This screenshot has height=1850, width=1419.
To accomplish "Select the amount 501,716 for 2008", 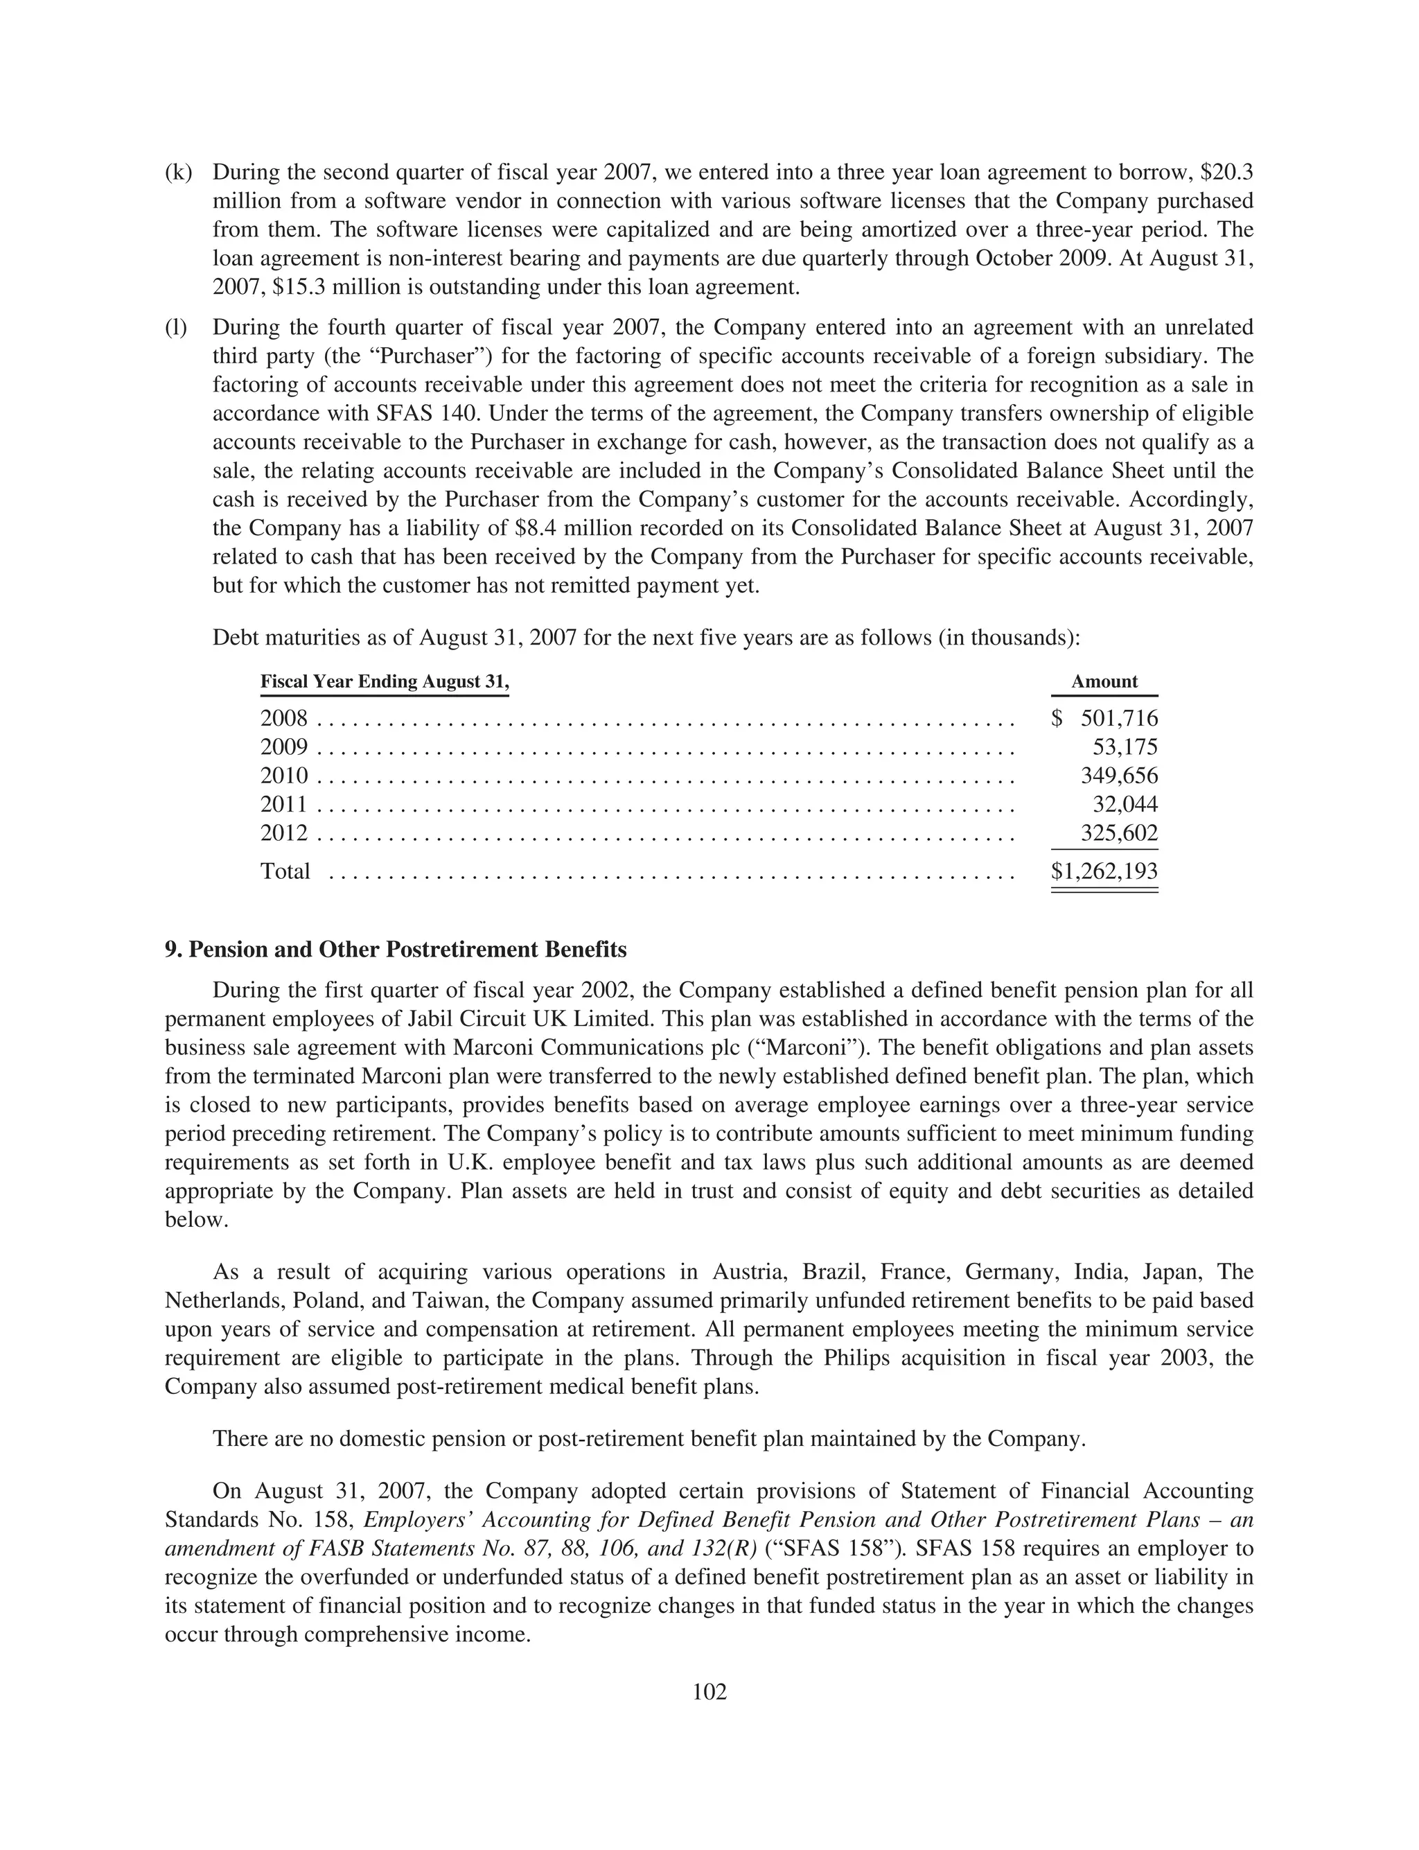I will (x=1118, y=719).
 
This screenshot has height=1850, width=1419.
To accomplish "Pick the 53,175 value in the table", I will (x=1125, y=748).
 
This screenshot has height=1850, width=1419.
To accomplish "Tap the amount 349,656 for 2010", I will (x=1118, y=776).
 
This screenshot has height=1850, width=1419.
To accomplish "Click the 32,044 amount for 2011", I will (x=1125, y=804).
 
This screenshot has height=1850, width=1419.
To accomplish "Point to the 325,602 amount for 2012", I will (x=1118, y=833).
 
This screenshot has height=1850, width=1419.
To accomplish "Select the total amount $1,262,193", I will (x=1104, y=871).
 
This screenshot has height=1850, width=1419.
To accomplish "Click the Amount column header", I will (x=1104, y=682).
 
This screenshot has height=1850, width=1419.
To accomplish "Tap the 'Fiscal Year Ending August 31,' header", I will (x=385, y=682).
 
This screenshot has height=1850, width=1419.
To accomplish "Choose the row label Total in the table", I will (x=285, y=871).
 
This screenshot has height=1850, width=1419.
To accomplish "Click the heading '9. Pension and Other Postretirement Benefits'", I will (x=396, y=950).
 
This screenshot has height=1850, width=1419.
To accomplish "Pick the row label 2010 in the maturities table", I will (x=284, y=776).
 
